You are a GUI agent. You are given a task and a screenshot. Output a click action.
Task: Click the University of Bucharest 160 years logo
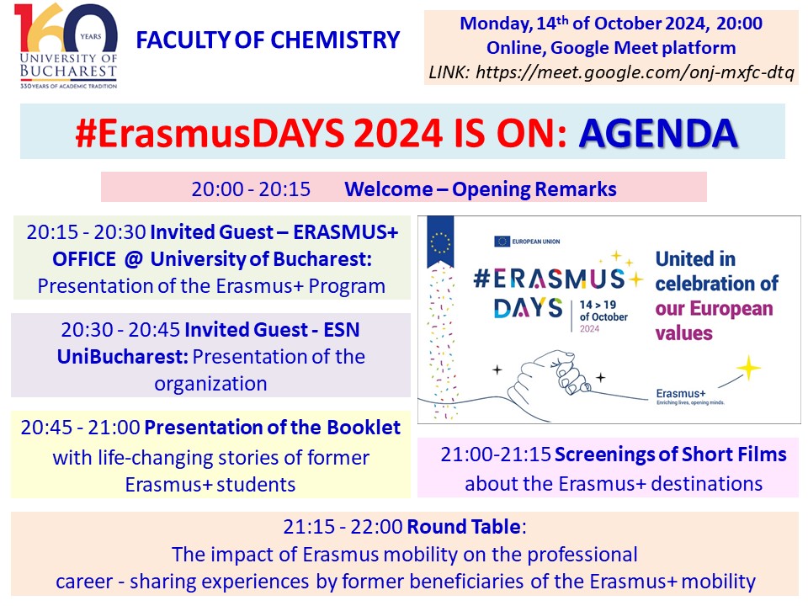coord(66,45)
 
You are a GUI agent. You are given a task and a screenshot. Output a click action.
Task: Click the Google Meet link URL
coord(635,72)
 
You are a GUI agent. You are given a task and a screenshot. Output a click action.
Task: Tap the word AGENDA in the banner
coord(658,133)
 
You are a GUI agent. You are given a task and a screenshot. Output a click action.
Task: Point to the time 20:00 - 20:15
coord(251,189)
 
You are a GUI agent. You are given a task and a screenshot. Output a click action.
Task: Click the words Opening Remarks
coord(534,189)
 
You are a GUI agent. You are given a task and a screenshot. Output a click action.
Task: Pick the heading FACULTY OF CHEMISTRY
coord(268,40)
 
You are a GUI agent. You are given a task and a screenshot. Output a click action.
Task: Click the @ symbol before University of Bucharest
coord(133,258)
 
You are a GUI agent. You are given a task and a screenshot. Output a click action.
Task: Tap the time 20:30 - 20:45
coord(120,330)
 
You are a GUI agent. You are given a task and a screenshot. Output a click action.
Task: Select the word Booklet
coord(364,428)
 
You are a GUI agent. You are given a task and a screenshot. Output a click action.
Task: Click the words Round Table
coord(464,527)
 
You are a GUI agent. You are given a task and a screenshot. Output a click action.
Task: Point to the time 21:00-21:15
coord(496,454)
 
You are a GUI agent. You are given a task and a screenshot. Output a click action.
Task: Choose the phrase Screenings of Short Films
coord(671,454)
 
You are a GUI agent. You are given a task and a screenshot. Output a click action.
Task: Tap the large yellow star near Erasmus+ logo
coord(748,368)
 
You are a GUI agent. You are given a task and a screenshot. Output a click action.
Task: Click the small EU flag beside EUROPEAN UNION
coord(502,242)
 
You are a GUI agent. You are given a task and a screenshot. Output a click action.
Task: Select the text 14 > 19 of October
coord(603,311)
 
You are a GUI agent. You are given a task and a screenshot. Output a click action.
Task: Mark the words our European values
coord(715,321)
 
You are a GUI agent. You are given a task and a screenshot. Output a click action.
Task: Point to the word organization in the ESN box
coord(210,384)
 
